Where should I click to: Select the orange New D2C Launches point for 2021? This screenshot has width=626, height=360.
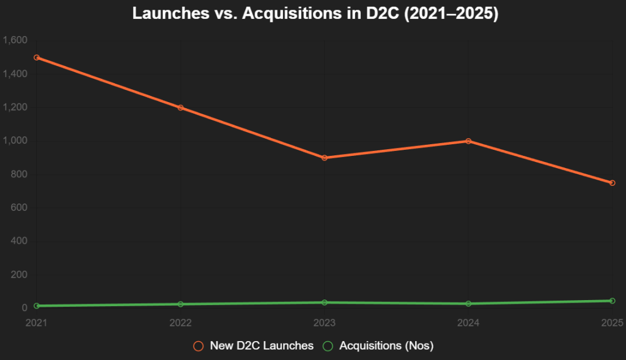click(37, 57)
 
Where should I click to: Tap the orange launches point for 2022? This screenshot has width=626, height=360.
click(180, 108)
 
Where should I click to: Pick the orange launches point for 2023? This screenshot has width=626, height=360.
click(324, 158)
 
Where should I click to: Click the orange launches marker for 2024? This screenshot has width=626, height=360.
click(468, 141)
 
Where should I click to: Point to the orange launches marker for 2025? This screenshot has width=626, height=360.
click(612, 183)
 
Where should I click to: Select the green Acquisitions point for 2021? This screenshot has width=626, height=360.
click(37, 306)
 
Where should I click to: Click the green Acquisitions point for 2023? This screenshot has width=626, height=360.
click(324, 303)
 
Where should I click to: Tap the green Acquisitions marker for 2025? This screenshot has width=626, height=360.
click(612, 301)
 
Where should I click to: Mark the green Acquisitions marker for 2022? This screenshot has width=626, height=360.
click(180, 304)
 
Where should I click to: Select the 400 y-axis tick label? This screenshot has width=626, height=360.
click(19, 241)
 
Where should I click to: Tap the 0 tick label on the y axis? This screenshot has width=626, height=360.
click(25, 308)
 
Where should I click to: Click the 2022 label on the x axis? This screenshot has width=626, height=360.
click(180, 322)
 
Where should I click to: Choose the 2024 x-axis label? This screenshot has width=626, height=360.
click(468, 322)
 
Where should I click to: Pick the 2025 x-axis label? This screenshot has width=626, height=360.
click(612, 322)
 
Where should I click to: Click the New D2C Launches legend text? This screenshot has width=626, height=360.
click(262, 346)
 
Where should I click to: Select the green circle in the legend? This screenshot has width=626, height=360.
click(328, 346)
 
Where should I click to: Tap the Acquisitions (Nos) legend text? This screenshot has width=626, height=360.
click(386, 346)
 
